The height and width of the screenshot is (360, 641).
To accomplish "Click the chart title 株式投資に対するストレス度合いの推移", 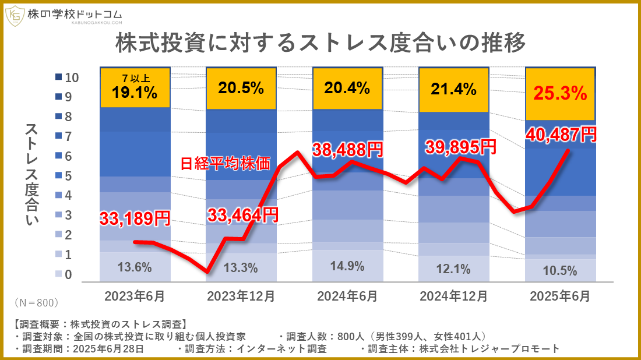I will click(x=320, y=43).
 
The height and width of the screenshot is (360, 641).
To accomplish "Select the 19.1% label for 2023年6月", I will click(x=135, y=93).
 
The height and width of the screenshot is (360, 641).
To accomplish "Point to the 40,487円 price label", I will click(x=561, y=135).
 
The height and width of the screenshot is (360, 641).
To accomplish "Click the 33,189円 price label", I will click(x=135, y=218).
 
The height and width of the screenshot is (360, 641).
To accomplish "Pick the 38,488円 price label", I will click(x=348, y=150).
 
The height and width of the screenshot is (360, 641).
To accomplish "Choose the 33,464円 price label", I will click(x=242, y=214).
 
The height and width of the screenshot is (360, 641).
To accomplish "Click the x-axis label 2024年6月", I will click(x=347, y=297).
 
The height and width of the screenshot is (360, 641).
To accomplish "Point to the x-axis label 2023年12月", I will click(x=241, y=297).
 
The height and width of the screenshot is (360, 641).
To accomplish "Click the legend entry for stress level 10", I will click(x=70, y=77).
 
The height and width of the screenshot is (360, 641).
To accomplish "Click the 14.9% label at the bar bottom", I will click(x=348, y=266).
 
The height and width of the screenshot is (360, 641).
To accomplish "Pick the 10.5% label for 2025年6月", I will click(x=559, y=270).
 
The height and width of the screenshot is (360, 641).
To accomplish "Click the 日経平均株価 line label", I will click(x=225, y=164).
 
